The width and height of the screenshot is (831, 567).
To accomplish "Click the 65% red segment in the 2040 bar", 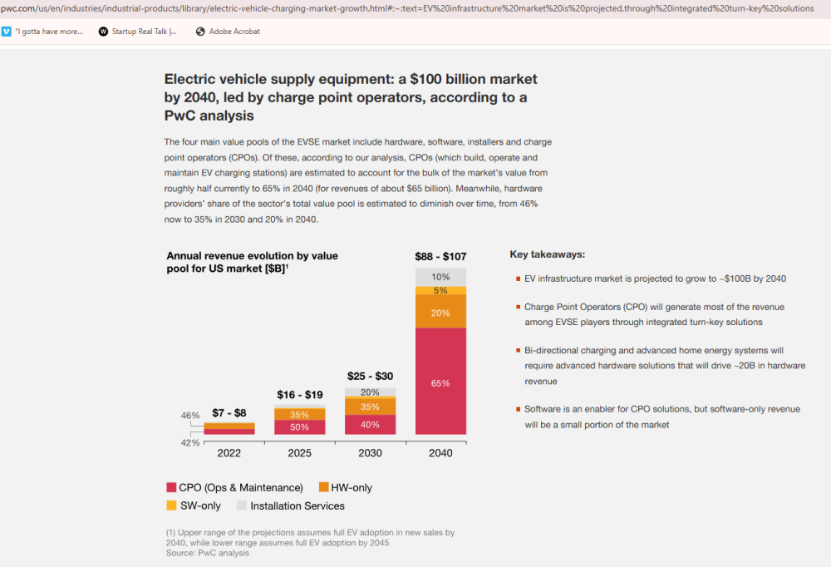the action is click(440, 382).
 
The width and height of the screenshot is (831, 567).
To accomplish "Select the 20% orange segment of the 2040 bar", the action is click(440, 311).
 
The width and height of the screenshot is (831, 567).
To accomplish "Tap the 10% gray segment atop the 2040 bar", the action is click(440, 277).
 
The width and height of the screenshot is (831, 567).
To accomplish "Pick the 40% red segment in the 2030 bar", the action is click(370, 425).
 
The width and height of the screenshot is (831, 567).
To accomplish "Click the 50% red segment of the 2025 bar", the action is click(299, 427).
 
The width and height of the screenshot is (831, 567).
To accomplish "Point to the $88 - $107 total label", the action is click(440, 257).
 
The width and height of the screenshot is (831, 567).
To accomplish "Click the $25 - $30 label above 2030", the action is click(370, 376).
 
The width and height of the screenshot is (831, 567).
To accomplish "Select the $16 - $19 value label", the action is click(299, 395).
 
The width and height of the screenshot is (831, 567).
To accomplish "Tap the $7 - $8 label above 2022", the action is click(229, 412).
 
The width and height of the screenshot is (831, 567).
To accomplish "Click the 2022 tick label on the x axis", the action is click(229, 453).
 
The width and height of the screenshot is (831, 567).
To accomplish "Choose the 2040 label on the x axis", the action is click(440, 453).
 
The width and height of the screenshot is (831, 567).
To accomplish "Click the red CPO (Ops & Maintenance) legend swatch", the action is click(171, 487).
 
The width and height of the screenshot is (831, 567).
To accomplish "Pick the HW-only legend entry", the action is click(346, 487).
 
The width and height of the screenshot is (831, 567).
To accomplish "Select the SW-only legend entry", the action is click(194, 505).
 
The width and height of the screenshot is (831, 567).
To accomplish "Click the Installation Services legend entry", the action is click(290, 506).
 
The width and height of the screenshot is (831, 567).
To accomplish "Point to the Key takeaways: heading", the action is click(548, 254).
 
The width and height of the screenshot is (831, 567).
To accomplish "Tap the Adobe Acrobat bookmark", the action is click(228, 32).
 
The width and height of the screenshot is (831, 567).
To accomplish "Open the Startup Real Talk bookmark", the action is click(138, 32).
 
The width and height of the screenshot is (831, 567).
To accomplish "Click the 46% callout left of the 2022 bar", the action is click(190, 416).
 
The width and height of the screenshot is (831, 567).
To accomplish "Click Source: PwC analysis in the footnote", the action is click(207, 553).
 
